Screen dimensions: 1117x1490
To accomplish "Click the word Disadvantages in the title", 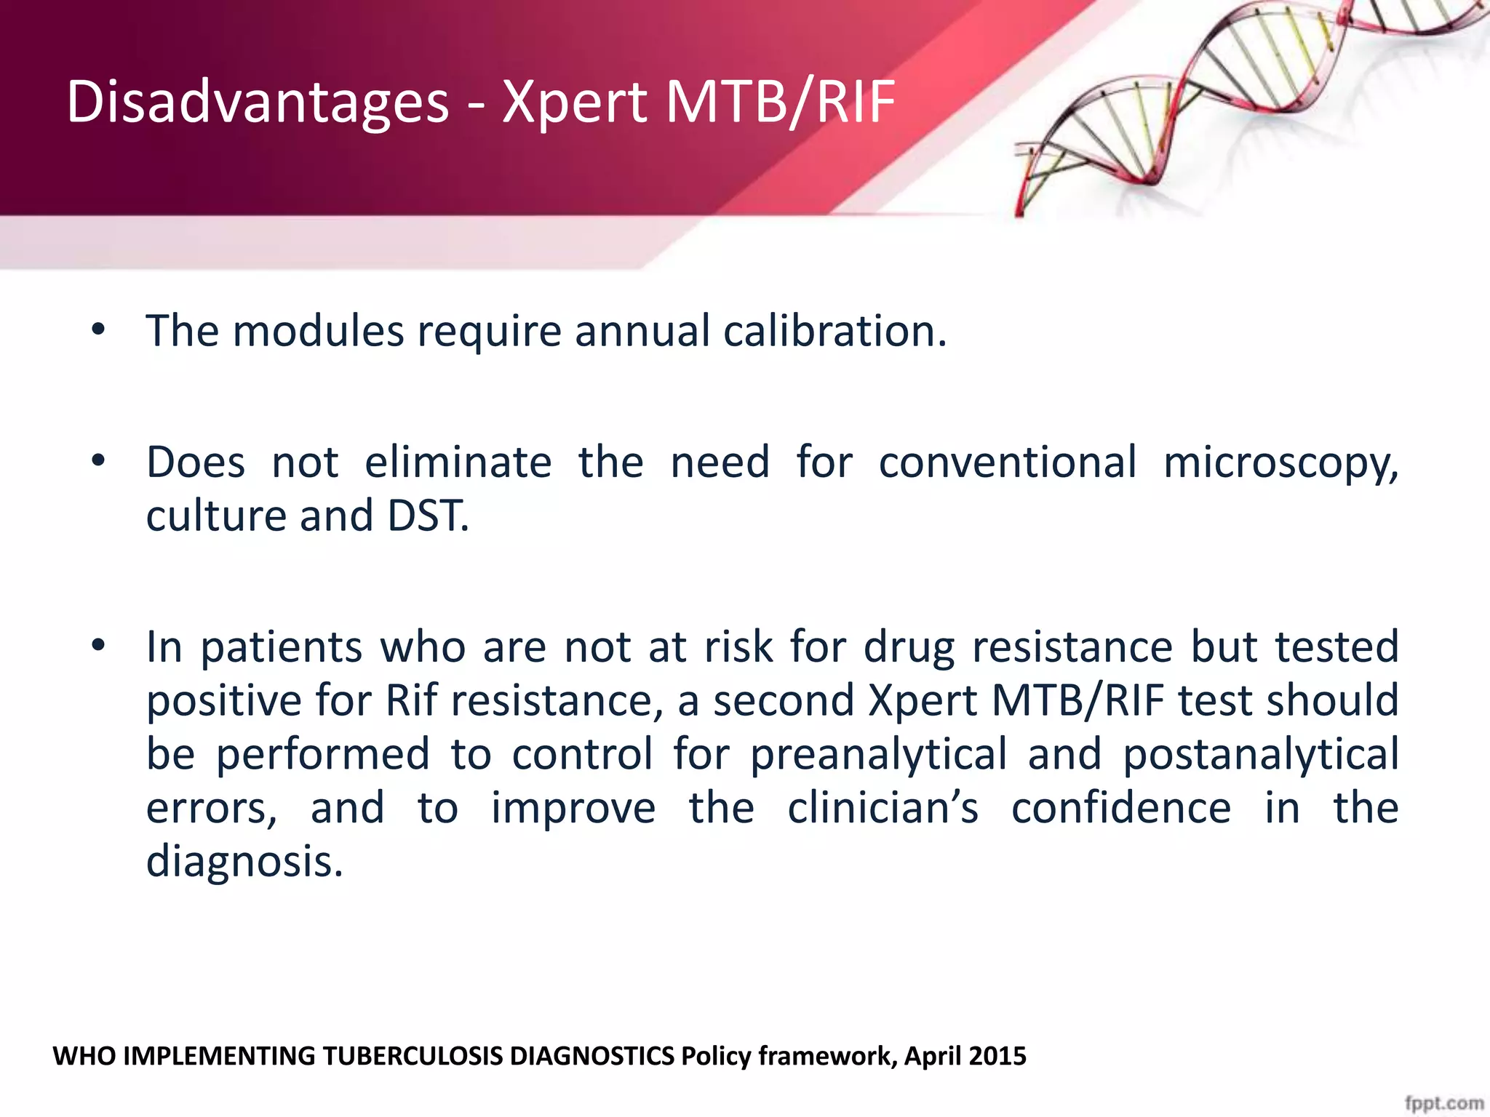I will [258, 102].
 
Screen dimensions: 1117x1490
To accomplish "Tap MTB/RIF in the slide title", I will [779, 102].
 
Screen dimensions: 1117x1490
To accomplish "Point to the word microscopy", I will [1280, 463].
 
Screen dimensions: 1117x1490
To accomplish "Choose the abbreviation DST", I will [428, 516].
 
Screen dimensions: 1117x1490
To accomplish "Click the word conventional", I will [1008, 463].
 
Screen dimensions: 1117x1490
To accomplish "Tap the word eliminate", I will [458, 463].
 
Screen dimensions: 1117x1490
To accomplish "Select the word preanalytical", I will [878, 754].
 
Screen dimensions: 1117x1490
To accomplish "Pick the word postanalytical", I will [1261, 754].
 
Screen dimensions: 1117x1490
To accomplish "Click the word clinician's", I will [883, 808].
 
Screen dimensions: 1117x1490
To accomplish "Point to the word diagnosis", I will [244, 862].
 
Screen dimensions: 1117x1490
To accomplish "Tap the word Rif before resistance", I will [411, 700].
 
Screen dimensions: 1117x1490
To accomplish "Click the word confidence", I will [1121, 808].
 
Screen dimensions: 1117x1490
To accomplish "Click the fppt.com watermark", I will [1443, 1102].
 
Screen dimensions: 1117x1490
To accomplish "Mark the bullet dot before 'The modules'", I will [99, 332].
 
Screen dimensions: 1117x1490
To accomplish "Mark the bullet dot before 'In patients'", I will [99, 646].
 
